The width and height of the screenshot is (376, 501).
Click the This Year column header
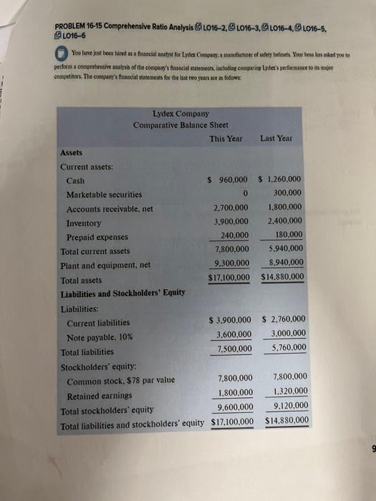point(226,138)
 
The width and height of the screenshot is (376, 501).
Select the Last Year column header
point(281,138)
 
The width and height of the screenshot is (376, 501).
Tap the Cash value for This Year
point(228,180)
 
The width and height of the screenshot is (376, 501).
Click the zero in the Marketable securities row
point(245,194)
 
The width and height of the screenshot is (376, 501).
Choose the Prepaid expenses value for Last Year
point(288,235)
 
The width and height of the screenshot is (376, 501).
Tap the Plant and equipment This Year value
point(231,263)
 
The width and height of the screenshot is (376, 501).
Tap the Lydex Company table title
point(181,113)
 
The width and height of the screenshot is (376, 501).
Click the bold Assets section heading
point(72,152)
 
